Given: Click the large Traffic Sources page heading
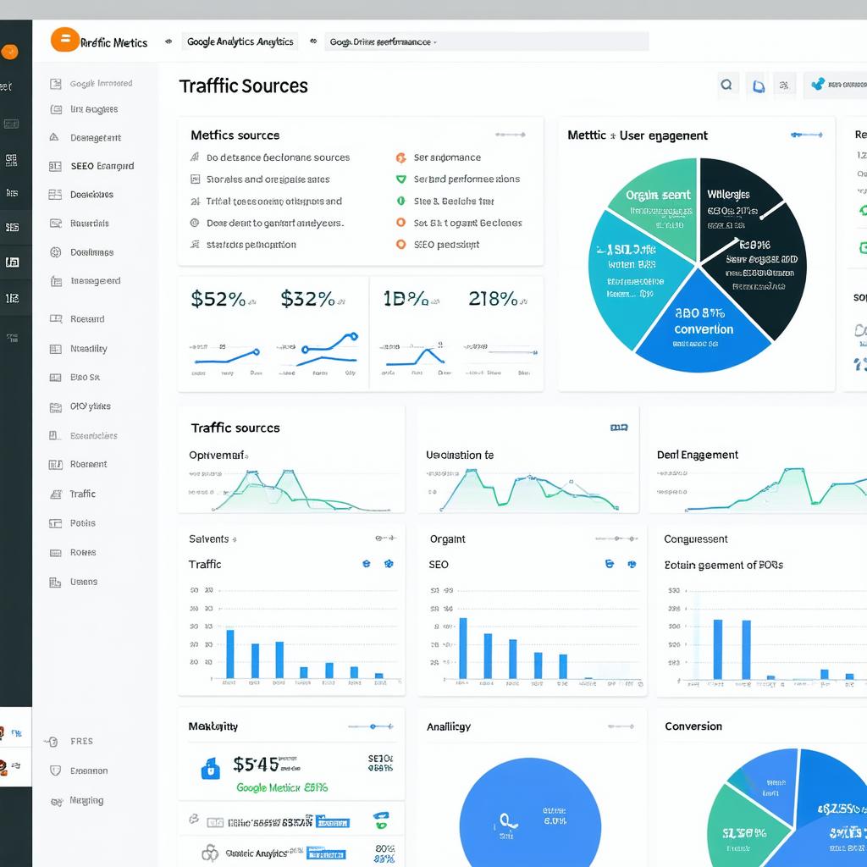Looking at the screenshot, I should click(x=243, y=86).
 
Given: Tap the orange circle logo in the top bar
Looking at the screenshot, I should click(x=64, y=40).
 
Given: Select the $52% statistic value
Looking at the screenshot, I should click(x=218, y=299).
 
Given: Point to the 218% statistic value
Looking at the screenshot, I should click(x=493, y=299).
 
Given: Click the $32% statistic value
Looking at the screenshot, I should click(x=307, y=299).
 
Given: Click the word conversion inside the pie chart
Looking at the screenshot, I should click(x=704, y=329).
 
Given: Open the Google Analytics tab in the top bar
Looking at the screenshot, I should click(x=240, y=41).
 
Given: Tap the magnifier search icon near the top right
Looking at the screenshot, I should click(x=726, y=85).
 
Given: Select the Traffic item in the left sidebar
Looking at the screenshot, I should click(x=82, y=494).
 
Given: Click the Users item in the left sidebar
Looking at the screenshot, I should click(x=83, y=582).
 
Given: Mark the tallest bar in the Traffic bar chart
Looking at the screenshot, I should click(x=229, y=654).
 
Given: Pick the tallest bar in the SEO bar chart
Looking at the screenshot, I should click(x=462, y=649).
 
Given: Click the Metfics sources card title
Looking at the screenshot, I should click(x=235, y=135).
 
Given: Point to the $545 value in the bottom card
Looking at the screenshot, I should click(x=256, y=765).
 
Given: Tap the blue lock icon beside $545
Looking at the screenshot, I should click(x=210, y=769).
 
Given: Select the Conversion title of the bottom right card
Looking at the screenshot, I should click(x=693, y=726).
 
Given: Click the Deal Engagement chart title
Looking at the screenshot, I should click(x=697, y=455).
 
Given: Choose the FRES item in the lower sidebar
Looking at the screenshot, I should click(x=81, y=741).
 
